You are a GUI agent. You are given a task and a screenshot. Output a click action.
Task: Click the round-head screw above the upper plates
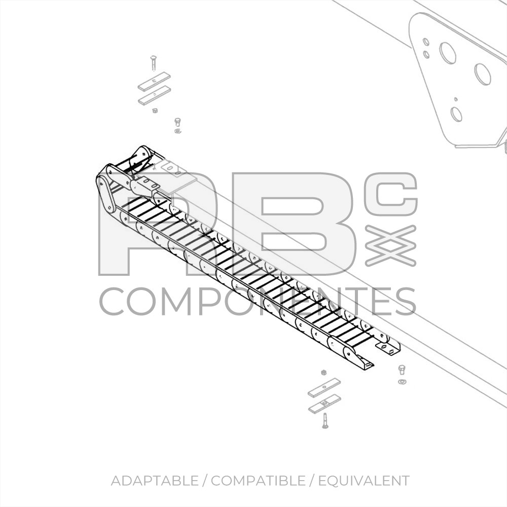tap(153, 63)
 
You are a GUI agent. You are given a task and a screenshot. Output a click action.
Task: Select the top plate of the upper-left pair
tap(154, 82)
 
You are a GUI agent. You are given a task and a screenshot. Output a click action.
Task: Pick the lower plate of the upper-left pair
tap(155, 96)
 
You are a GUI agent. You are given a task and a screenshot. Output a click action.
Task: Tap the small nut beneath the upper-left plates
tap(155, 111)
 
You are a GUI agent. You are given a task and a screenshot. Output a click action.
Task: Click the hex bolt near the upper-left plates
tap(177, 122)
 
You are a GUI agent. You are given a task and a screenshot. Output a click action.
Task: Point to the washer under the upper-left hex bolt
tap(177, 131)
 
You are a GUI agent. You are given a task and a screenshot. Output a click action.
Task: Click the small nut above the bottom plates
tap(323, 373)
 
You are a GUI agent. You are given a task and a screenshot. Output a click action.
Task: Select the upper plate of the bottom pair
tap(324, 388)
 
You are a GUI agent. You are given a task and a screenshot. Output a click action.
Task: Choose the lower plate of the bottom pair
tap(324, 404)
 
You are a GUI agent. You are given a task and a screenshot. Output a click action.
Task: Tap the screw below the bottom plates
tap(325, 421)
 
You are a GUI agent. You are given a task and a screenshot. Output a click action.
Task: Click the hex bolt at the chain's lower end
tap(402, 370)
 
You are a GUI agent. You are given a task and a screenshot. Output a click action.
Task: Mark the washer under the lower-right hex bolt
tap(402, 382)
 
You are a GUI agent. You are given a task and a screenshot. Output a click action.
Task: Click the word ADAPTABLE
tap(155, 481)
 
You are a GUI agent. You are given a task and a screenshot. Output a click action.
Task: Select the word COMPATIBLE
tap(258, 481)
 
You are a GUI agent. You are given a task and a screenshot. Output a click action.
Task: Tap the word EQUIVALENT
tap(364, 481)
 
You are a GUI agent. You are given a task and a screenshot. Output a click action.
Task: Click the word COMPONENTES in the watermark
tap(258, 301)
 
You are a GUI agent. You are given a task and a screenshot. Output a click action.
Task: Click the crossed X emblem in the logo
tap(390, 246)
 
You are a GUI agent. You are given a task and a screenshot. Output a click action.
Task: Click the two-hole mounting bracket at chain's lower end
tap(388, 348)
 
